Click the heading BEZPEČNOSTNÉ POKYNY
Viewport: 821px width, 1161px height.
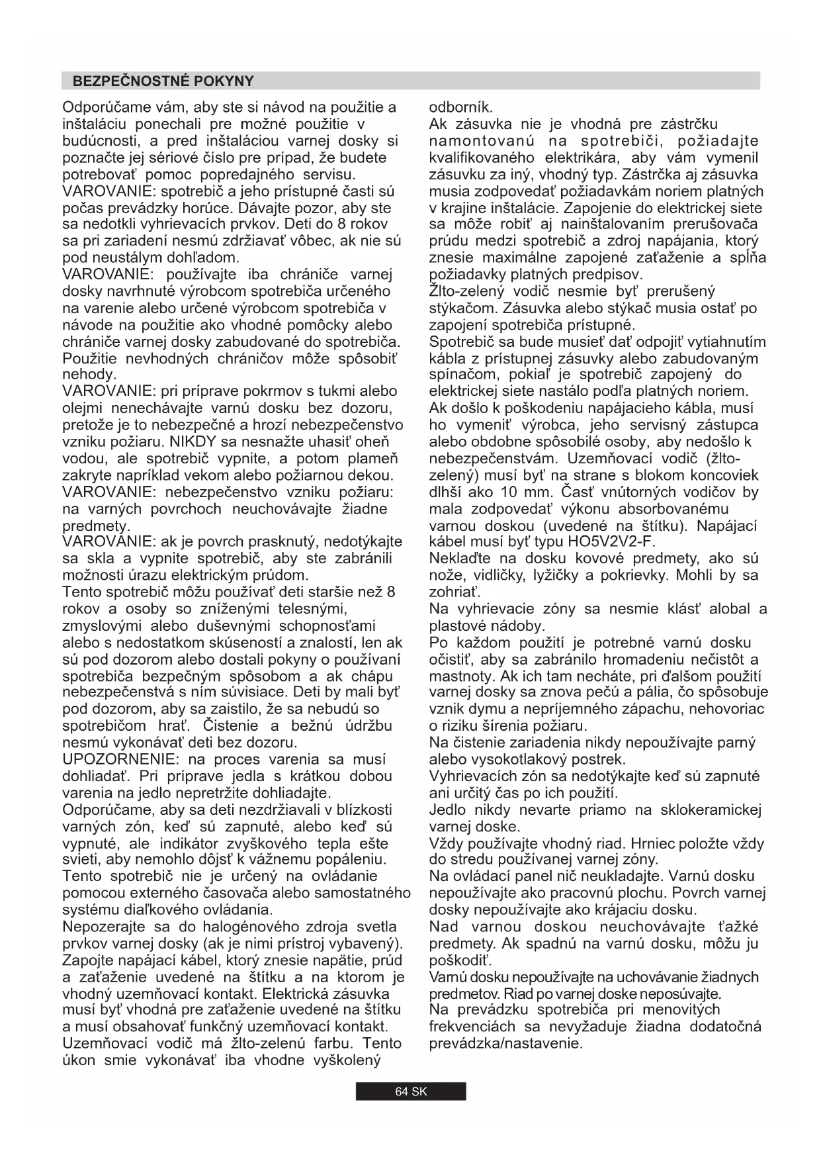pyautogui.click(x=163, y=81)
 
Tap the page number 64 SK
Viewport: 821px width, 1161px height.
pyautogui.click(x=411, y=1091)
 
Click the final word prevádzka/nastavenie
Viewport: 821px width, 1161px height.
pyautogui.click(x=506, y=1043)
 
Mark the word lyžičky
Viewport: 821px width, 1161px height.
pyautogui.click(x=562, y=575)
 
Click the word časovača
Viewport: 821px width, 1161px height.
pyautogui.click(x=242, y=893)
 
